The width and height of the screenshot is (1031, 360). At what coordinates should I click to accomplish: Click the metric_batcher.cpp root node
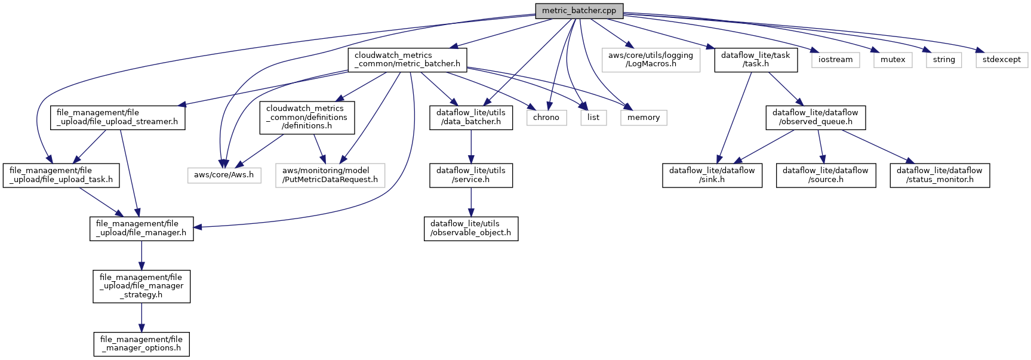pos(578,10)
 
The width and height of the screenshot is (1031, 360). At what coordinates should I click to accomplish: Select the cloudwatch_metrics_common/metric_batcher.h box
pos(407,60)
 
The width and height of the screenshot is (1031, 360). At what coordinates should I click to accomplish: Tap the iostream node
pos(835,60)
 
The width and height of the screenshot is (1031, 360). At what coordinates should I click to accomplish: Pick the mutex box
pos(892,60)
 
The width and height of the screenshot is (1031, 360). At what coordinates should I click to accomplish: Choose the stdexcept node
pos(1001,60)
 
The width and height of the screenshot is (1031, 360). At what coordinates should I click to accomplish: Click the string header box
pos(943,60)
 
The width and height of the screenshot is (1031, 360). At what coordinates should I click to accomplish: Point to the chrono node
pos(546,118)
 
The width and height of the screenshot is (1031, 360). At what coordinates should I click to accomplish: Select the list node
pos(593,118)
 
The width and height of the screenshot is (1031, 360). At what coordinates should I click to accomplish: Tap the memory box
pos(643,118)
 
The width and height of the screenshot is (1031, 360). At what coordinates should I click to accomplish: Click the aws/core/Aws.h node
pos(224,175)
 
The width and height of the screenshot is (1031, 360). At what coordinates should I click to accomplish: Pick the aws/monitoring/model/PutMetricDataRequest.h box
pos(330,175)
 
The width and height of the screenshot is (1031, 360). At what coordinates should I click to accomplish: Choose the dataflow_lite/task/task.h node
pos(755,60)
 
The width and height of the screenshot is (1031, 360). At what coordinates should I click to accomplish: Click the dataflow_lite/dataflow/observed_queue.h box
pos(815,117)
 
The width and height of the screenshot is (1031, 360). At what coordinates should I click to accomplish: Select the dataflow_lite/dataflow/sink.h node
pos(712,175)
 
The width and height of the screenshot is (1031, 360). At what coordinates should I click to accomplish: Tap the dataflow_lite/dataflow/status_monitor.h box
pos(939,175)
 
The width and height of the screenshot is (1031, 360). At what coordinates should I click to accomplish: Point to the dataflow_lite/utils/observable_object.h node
pos(470,228)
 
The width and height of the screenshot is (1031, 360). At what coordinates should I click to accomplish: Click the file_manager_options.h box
pos(141,344)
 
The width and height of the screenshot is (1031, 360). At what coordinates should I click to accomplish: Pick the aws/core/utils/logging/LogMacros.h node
pos(650,60)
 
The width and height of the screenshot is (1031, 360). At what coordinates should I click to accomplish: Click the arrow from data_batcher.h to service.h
pos(471,146)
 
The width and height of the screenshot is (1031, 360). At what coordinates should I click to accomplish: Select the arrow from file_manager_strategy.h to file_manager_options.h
pos(141,317)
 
